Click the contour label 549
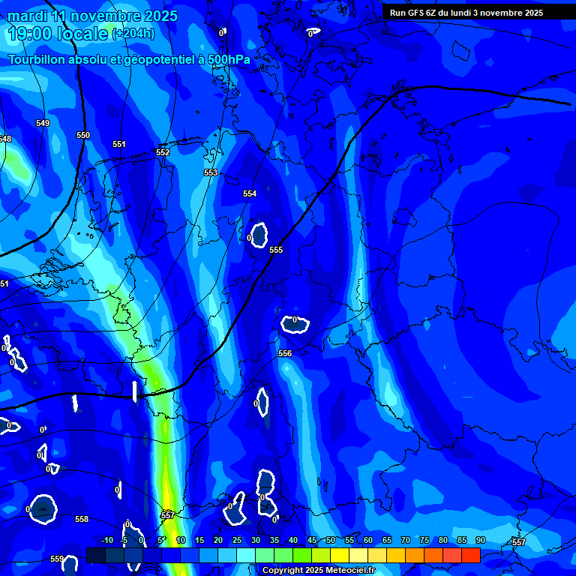[43, 123]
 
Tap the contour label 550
[83, 135]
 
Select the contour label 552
[163, 152]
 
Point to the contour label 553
[211, 172]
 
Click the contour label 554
[250, 193]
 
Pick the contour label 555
[276, 250]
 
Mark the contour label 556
[285, 353]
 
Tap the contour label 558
[82, 519]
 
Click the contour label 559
[57, 559]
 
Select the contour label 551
[119, 144]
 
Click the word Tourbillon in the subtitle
[37, 60]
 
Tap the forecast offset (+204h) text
[133, 34]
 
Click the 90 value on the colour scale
[480, 541]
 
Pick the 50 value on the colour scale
[331, 541]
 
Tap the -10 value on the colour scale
[107, 541]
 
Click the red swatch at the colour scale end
[470, 555]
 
